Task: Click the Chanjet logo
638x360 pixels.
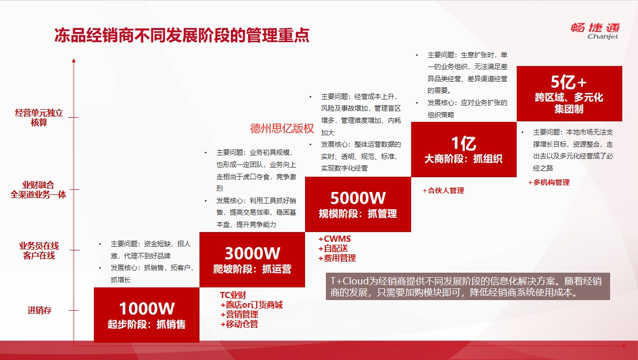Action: [595, 31]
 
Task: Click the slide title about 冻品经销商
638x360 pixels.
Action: [182, 36]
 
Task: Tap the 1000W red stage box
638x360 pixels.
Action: [147, 315]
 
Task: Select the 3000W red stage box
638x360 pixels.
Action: [252, 259]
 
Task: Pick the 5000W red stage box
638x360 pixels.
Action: [358, 204]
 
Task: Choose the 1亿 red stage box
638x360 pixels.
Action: [464, 149]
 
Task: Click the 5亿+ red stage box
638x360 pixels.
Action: [569, 94]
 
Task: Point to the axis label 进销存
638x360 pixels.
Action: [40, 310]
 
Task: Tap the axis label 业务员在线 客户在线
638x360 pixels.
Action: [39, 250]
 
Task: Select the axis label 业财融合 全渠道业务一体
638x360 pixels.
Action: [38, 190]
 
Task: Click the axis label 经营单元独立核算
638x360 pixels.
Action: [39, 117]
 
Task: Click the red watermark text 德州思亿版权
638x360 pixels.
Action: [282, 128]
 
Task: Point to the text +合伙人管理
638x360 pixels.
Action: [444, 190]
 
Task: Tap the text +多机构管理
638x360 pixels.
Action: [549, 182]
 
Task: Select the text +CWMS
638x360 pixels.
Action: [334, 239]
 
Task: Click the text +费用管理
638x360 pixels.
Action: [337, 258]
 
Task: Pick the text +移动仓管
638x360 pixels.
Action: [239, 324]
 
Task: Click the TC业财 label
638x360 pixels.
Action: [233, 295]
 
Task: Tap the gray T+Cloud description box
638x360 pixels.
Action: [468, 286]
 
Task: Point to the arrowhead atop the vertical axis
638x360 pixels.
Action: [74, 60]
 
